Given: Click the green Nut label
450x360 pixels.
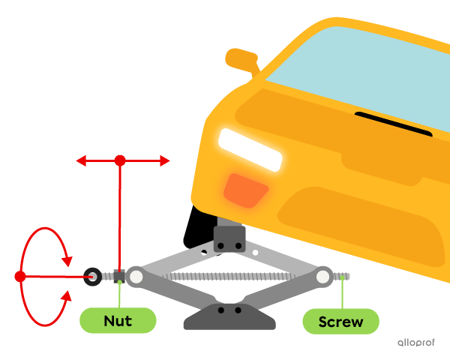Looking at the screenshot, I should pyautogui.click(x=118, y=321).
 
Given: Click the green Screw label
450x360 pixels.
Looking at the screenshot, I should pyautogui.click(x=340, y=322).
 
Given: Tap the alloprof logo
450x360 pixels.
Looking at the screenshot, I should pyautogui.click(x=415, y=342).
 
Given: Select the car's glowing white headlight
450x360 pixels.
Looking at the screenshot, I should pyautogui.click(x=250, y=149).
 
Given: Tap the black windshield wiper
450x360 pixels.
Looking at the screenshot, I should pyautogui.click(x=393, y=124).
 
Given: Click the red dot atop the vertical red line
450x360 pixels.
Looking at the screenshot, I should pyautogui.click(x=120, y=160).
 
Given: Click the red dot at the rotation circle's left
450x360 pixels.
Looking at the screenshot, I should pyautogui.click(x=20, y=277).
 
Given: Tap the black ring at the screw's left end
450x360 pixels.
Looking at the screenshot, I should pyautogui.click(x=92, y=277).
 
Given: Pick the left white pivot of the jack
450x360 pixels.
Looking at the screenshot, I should pyautogui.click(x=136, y=277).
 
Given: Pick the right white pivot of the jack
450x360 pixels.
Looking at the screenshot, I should pyautogui.click(x=323, y=277).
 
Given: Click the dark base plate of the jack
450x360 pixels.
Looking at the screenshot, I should pyautogui.click(x=229, y=318).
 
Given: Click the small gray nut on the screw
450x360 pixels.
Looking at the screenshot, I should pyautogui.click(x=119, y=276).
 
